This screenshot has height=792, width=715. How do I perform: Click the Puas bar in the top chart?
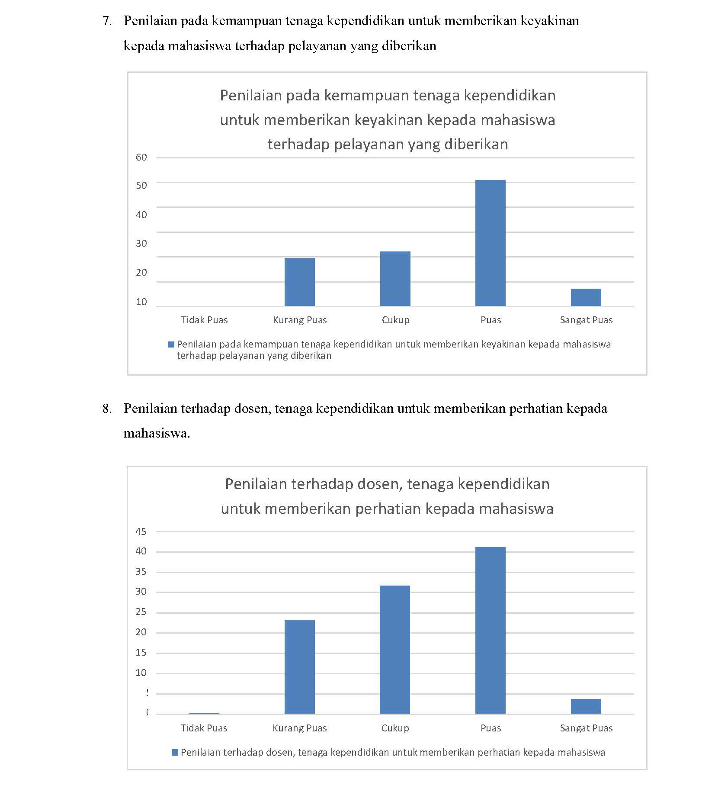[490, 243]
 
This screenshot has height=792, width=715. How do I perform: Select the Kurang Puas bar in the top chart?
[299, 282]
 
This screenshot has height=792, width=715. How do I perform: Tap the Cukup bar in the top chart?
[395, 278]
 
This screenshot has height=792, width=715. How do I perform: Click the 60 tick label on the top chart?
[141, 157]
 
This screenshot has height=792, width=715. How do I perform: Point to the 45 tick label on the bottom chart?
[141, 531]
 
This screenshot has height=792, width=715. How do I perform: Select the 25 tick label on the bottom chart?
[141, 612]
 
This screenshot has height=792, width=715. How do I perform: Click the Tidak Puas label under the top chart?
[204, 320]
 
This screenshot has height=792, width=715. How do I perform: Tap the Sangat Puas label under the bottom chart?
[586, 728]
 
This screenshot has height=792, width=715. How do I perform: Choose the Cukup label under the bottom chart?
[395, 728]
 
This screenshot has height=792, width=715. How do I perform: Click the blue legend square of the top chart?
[171, 344]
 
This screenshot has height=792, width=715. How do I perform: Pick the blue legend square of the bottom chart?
[175, 752]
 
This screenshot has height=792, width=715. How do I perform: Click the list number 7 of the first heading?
[106, 21]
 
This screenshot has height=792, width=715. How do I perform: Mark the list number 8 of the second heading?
[106, 409]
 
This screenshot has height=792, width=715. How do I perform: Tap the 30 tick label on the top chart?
[141, 243]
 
